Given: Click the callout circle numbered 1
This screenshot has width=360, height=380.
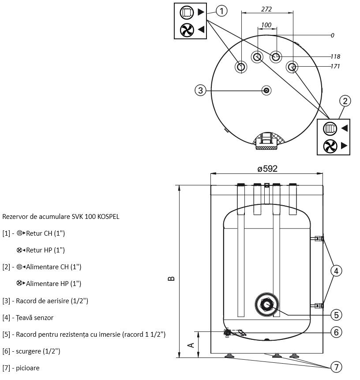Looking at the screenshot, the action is click(221, 11).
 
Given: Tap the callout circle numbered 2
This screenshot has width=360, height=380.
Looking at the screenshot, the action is click(345, 101).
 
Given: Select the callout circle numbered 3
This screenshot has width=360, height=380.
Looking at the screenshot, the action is click(201, 90).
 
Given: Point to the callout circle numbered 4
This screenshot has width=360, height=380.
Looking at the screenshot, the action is click(336, 271).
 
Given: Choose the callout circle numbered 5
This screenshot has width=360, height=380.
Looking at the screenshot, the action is click(336, 315).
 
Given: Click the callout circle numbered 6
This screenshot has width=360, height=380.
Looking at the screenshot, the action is click(336, 332).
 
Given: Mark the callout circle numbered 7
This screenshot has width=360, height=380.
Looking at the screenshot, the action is click(336, 367).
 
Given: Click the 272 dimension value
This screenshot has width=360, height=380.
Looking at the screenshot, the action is click(266, 9).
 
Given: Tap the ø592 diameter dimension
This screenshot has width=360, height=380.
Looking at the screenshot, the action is click(267, 169).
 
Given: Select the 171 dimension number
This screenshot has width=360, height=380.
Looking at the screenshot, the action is click(335, 66).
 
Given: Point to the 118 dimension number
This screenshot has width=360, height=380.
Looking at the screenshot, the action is click(335, 56).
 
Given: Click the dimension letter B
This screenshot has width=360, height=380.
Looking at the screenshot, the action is click(171, 278).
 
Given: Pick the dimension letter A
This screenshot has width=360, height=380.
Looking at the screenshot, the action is click(191, 345).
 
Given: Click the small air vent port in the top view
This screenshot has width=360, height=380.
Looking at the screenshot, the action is click(267, 90).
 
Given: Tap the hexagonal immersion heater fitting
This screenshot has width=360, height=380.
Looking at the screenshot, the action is click(267, 304).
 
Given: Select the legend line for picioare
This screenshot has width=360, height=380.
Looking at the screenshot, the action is click(21, 368).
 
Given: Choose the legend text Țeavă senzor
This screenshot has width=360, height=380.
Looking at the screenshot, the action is click(28, 317).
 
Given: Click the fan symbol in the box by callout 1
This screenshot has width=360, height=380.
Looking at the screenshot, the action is click(187, 30).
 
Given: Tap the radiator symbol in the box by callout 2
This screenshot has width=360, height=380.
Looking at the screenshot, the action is click(330, 128).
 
